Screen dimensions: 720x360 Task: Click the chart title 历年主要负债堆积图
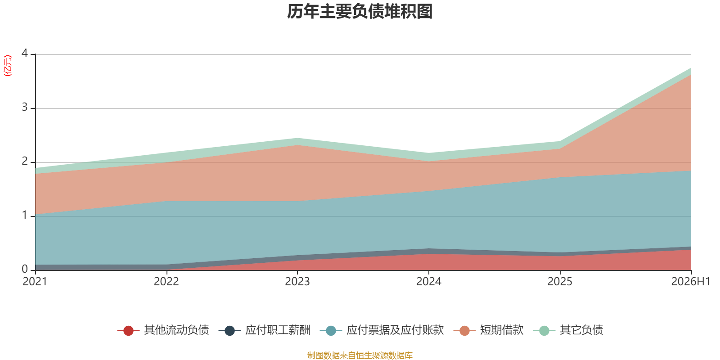pos(360,12)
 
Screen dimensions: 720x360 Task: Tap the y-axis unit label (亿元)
pos(7,66)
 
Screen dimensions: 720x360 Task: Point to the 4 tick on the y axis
pos(25,53)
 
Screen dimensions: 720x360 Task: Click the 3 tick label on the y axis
pos(25,107)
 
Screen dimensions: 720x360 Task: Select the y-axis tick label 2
pos(25,161)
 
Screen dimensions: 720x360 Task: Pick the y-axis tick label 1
pos(25,215)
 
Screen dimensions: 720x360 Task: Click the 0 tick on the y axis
pos(25,269)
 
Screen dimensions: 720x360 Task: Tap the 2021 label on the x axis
pos(35,282)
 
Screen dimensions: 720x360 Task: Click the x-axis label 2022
pos(166,282)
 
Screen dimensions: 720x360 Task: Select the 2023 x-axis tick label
pos(297,282)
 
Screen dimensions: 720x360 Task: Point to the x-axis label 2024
pos(429,282)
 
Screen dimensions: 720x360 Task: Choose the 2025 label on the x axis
pos(560,282)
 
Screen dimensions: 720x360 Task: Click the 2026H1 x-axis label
pos(690,282)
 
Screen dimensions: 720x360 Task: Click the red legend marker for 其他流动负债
pos(128,330)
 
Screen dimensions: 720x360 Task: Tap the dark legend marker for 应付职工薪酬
pos(229,330)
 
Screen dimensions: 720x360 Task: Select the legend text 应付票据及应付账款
pos(395,330)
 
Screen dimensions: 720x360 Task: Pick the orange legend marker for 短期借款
pos(464,330)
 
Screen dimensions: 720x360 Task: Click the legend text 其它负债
pos(581,330)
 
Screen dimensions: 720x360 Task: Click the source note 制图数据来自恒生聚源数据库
pos(360,355)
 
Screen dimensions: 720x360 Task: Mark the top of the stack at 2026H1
pos(691,68)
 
